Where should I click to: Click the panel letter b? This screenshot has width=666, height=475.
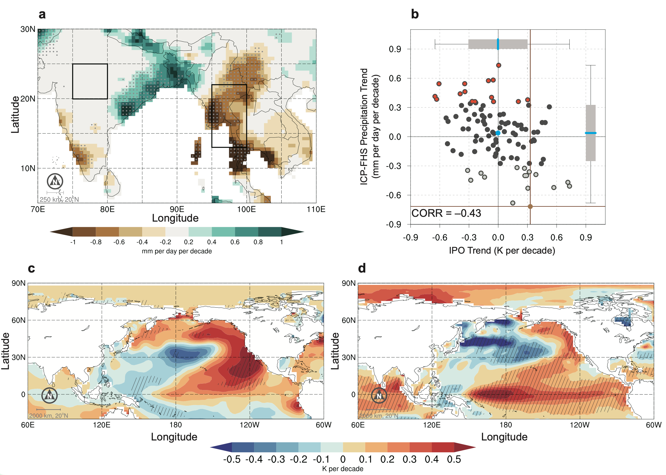point(415,14)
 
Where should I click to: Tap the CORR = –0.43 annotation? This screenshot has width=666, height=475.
point(446,213)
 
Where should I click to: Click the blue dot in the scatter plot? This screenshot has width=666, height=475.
point(498,133)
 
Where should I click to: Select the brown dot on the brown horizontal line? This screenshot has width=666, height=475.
point(530,206)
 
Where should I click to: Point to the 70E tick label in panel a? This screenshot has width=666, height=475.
point(38,210)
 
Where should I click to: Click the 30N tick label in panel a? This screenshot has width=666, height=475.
point(28,29)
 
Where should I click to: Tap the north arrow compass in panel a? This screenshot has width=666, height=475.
point(55,181)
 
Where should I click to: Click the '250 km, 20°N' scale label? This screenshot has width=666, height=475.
point(59,199)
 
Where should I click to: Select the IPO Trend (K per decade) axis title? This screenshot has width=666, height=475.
point(502,251)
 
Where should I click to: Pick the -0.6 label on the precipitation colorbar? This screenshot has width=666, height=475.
point(119,242)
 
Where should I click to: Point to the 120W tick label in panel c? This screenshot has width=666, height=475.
point(249,425)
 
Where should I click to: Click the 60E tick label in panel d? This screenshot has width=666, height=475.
point(358,425)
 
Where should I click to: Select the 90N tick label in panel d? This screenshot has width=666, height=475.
point(349,283)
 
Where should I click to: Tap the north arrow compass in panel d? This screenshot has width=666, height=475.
point(379,395)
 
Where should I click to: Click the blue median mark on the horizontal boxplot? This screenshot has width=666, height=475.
point(498,44)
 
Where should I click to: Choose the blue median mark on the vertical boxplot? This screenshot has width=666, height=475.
point(591,133)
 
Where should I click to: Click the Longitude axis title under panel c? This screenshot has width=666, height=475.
point(174,437)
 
